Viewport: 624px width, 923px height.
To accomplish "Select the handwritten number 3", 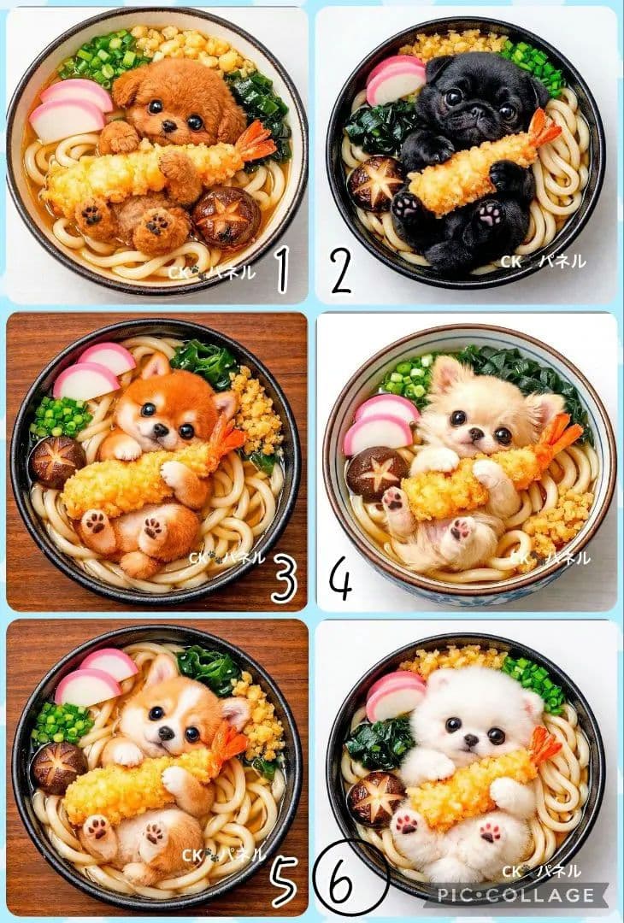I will [x=283, y=578].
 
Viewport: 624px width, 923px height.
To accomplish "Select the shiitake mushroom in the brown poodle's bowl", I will [x=226, y=216].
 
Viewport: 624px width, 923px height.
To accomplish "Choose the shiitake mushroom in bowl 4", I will [x=377, y=472].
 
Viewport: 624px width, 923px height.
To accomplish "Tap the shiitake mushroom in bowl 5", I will [x=59, y=766].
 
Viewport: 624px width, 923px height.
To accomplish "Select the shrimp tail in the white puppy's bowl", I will [x=543, y=745].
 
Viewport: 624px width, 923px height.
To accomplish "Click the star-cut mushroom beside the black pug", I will [x=376, y=183].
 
